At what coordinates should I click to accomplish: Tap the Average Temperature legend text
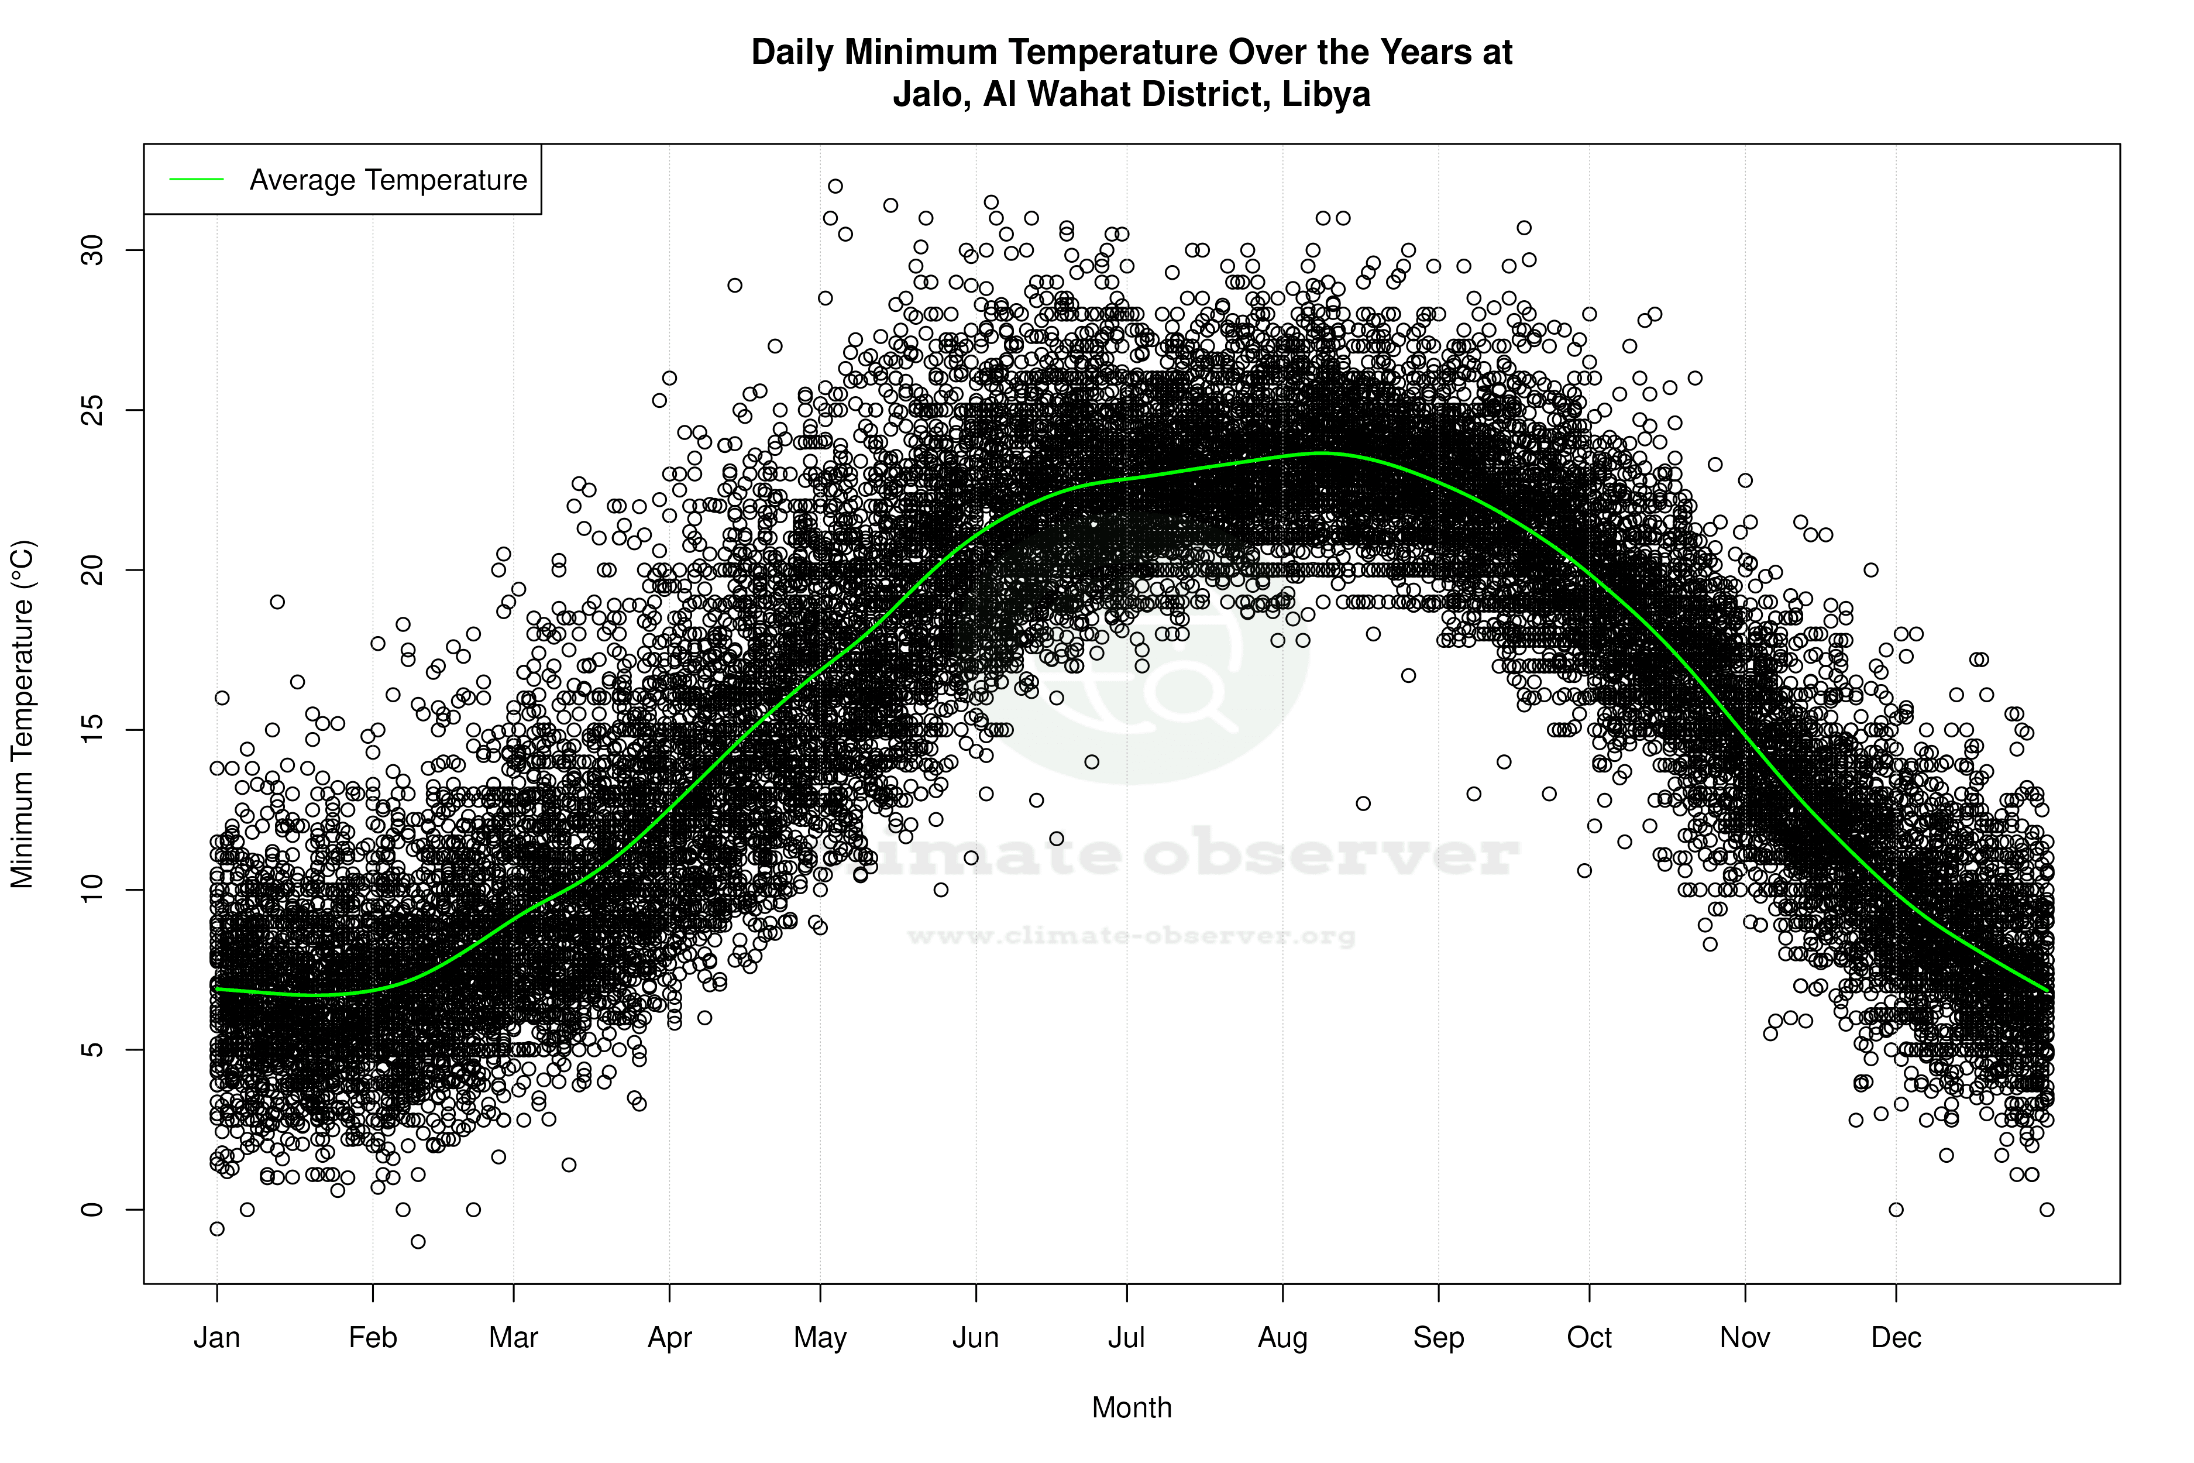pyautogui.click(x=388, y=180)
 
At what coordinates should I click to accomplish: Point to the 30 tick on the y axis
pyautogui.click(x=93, y=250)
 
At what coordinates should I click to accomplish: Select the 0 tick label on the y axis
pyautogui.click(x=93, y=1209)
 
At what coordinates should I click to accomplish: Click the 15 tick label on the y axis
pyautogui.click(x=93, y=730)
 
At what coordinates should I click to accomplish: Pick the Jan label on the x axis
pyautogui.click(x=216, y=1338)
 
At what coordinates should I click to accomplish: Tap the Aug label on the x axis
pyautogui.click(x=1282, y=1338)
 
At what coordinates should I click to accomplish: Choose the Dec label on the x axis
pyautogui.click(x=1896, y=1338)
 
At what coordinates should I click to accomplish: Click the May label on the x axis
pyautogui.click(x=820, y=1338)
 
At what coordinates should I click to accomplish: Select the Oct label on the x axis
pyautogui.click(x=1588, y=1338)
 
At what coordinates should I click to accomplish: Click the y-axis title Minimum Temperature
pyautogui.click(x=22, y=714)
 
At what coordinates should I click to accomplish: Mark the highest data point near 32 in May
pyautogui.click(x=835, y=187)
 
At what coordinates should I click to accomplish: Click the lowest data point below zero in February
pyautogui.click(x=418, y=1242)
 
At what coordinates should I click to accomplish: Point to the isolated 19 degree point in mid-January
pyautogui.click(x=277, y=602)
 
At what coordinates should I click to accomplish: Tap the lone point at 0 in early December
pyautogui.click(x=1896, y=1209)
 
